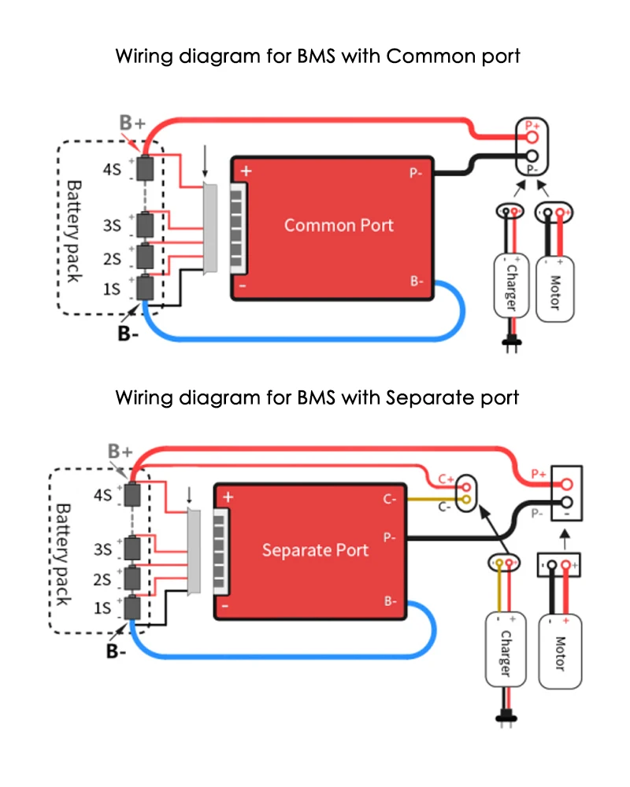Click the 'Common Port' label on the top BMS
(x=339, y=225)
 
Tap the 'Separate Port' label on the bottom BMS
(x=315, y=550)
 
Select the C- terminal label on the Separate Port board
(x=390, y=499)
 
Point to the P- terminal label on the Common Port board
(x=416, y=173)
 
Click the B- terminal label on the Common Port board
(x=417, y=281)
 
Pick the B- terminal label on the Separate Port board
(x=391, y=600)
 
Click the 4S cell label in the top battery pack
(x=112, y=169)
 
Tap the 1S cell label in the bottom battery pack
(x=102, y=608)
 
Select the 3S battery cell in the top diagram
(x=145, y=225)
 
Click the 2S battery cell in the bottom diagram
(x=132, y=578)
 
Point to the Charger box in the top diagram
(x=511, y=286)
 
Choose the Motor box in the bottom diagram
(x=560, y=652)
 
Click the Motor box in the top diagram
(x=555, y=290)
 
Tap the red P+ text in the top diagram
(x=532, y=125)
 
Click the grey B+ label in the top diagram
(x=132, y=123)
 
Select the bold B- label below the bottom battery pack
(x=116, y=651)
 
